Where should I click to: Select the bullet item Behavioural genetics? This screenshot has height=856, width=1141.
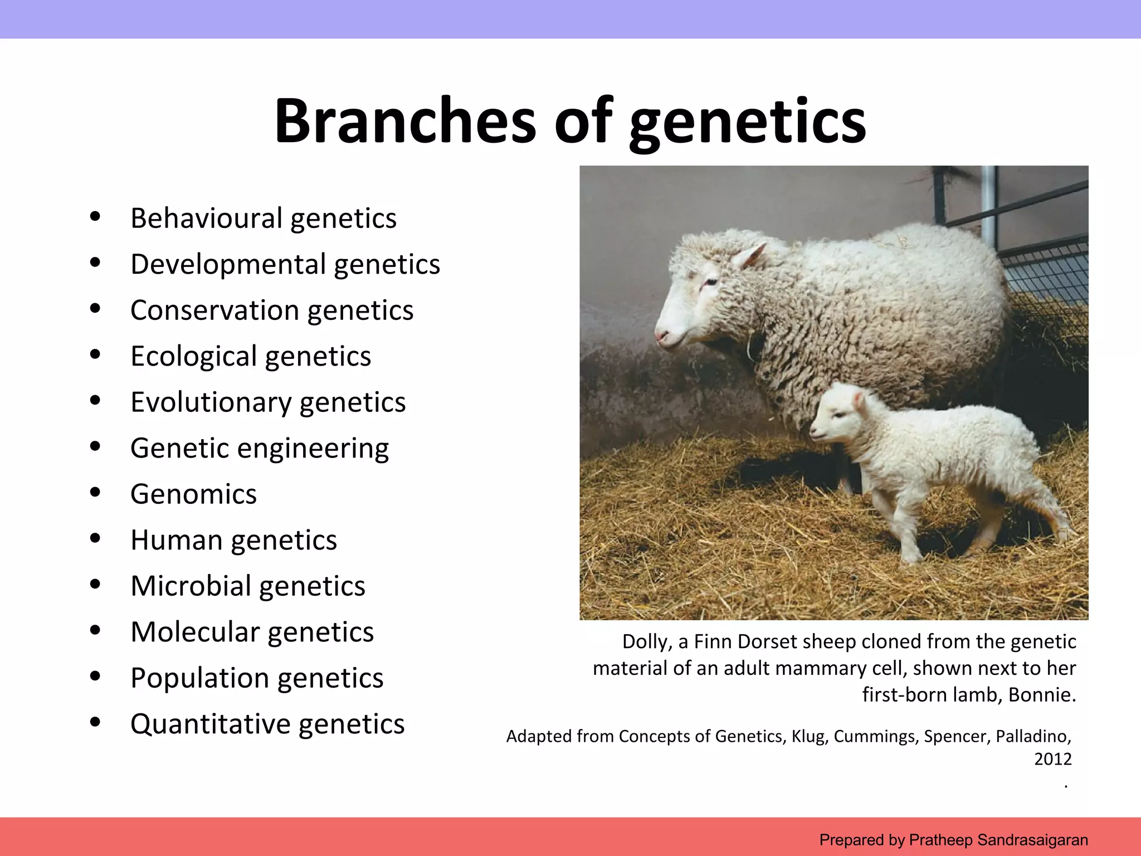point(263,218)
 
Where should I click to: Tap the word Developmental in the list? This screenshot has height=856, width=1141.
point(228,264)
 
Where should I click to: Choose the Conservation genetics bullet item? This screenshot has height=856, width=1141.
point(272,310)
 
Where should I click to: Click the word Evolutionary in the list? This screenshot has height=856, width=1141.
point(211,402)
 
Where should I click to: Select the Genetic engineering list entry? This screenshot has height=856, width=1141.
point(260,449)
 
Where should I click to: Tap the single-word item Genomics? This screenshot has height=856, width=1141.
point(193,494)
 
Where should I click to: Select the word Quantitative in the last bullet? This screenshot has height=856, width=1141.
point(210,724)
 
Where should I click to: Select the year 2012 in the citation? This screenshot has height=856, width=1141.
point(1052,759)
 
